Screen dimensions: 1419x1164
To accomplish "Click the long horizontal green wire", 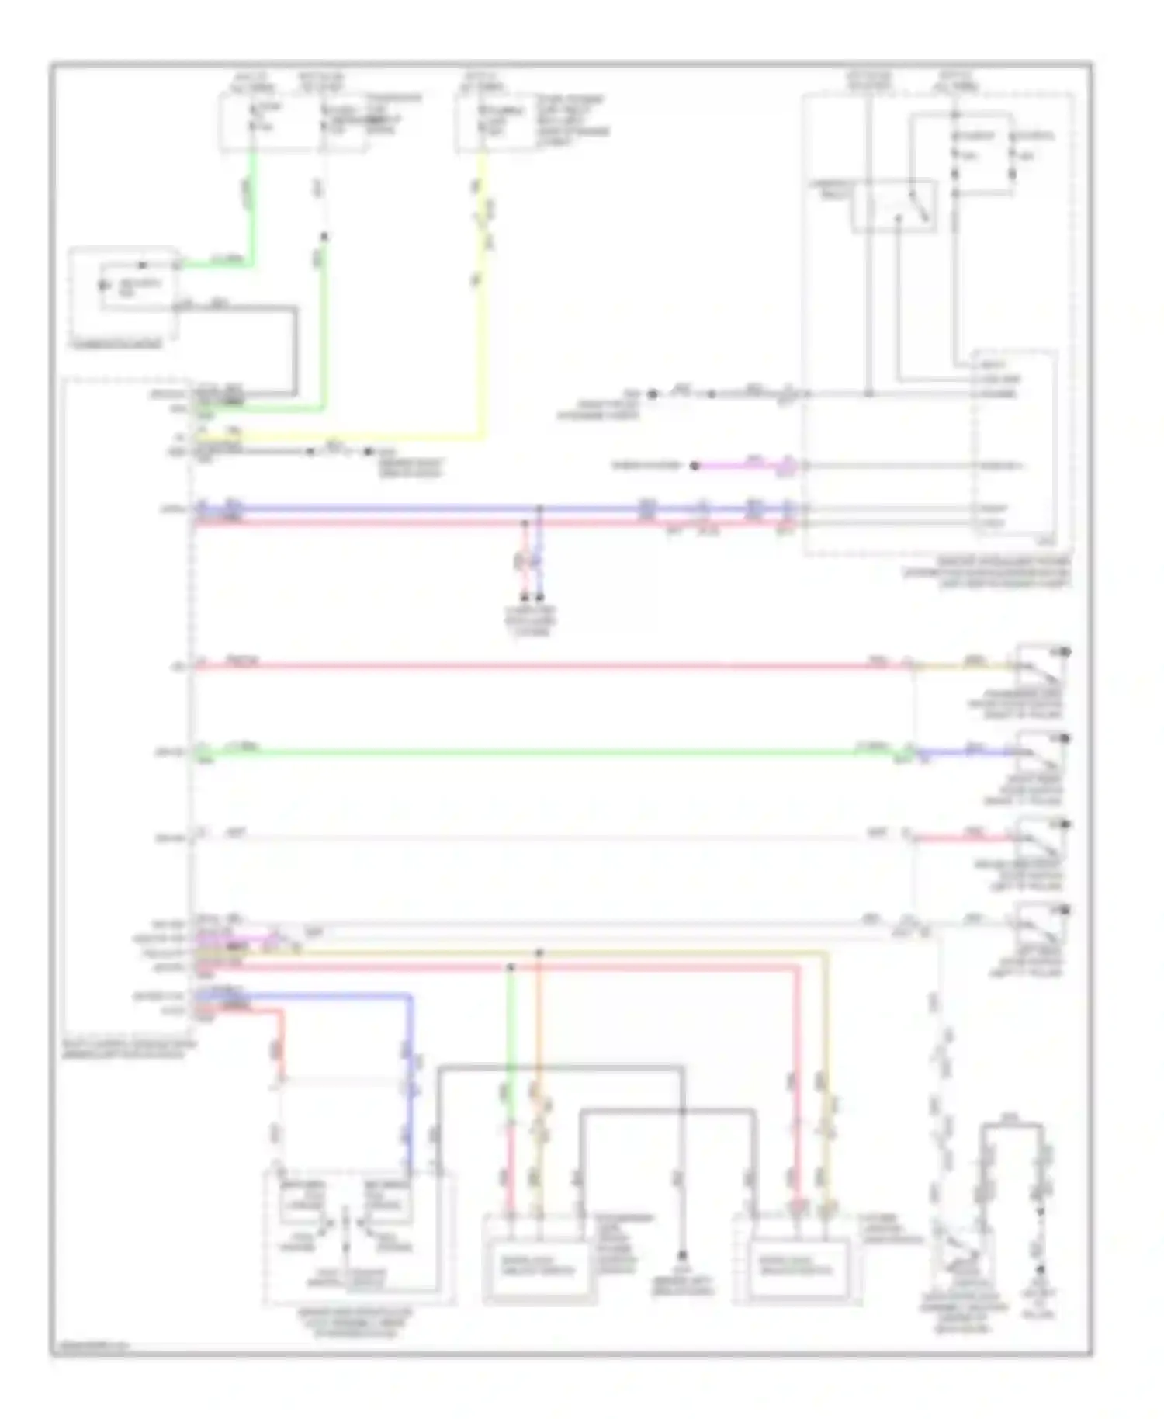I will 543,751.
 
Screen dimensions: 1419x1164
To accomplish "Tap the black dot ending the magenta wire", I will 695,466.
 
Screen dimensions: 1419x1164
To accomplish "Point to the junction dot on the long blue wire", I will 540,509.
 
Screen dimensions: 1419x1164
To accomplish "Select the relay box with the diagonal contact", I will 894,206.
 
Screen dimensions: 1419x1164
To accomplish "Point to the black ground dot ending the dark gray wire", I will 682,1255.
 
